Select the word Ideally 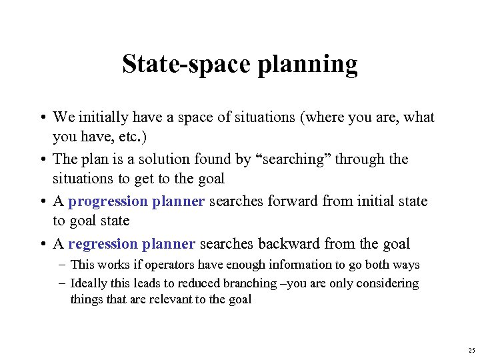tap(89, 283)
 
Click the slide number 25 tap(472, 351)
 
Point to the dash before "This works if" tap(63, 265)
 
